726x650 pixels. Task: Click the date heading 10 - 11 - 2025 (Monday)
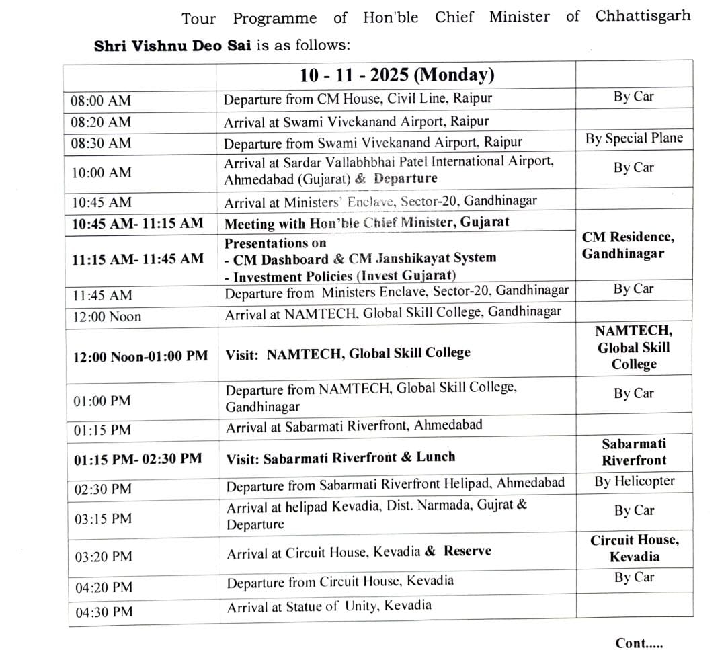397,74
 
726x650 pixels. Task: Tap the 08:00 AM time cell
101,101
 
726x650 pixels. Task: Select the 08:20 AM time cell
101,122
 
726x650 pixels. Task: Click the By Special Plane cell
633,138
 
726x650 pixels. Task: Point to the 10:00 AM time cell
102,172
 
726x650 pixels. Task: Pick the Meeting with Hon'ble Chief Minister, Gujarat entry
366,222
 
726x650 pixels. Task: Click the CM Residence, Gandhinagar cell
628,245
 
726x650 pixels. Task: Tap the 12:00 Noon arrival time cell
108,317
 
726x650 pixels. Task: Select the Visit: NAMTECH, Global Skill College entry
348,353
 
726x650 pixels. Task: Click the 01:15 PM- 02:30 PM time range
138,459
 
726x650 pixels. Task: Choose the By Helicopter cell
634,481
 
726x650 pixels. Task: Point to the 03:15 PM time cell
103,518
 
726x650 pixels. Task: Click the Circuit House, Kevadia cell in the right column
634,548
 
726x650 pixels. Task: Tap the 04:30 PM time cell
104,612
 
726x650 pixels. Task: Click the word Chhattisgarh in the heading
643,15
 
